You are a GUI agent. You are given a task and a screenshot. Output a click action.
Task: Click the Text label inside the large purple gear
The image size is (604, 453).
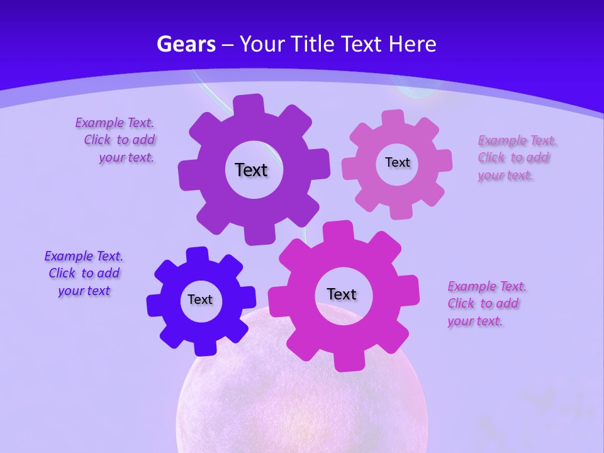point(251,170)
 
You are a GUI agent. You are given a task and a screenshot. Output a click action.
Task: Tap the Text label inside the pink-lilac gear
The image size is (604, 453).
point(397,162)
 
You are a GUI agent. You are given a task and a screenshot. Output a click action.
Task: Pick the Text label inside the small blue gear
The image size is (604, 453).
point(200,299)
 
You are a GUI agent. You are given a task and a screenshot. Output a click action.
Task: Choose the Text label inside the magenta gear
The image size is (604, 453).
point(342,294)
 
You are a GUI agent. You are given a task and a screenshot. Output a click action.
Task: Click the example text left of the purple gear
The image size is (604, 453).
point(117,140)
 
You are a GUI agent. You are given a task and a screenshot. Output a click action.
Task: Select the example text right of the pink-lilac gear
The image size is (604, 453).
point(516,158)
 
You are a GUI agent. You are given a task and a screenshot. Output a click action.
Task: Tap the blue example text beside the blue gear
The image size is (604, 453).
point(84,274)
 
